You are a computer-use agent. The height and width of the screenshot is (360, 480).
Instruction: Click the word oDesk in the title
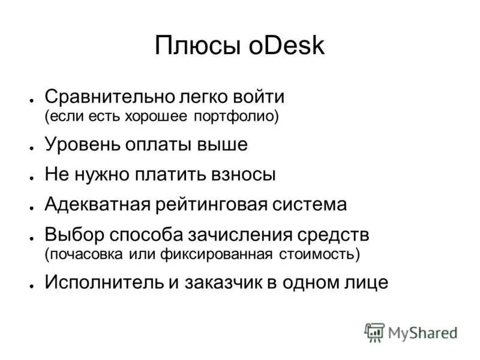point(286,46)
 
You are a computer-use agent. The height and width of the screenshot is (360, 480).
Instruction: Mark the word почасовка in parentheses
point(84,253)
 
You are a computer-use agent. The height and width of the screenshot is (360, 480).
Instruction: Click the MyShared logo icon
point(374,332)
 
